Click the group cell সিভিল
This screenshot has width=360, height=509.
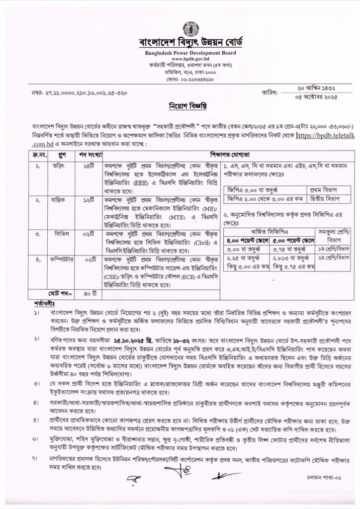click(50, 234)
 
